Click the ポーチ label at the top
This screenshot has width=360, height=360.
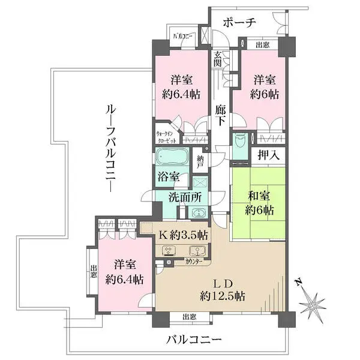tap(239, 22)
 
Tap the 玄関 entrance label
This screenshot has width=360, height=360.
tap(217, 59)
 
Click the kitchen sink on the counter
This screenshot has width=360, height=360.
tap(195, 251)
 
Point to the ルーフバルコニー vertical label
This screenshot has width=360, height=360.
tap(110, 146)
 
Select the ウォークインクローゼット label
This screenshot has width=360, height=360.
tap(167, 136)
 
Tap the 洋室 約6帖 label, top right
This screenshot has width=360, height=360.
tap(264, 86)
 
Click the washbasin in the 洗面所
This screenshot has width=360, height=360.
tap(197, 212)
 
